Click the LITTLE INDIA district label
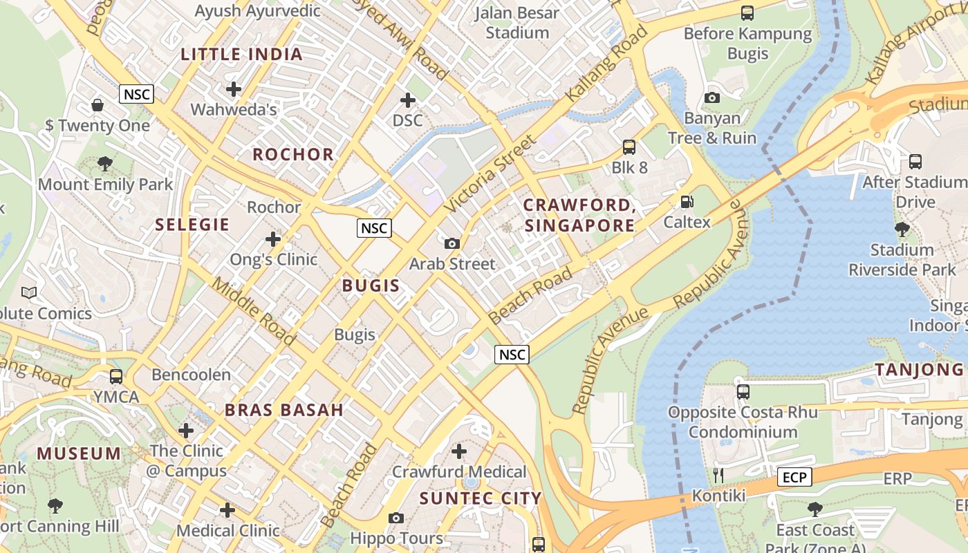point(242,55)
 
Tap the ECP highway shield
point(794,477)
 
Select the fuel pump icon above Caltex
point(687,202)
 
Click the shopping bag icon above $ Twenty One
point(97,105)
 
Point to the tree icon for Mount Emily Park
point(105,164)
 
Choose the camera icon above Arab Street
point(452,243)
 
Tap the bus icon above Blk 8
point(629,147)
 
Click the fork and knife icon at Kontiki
point(718,475)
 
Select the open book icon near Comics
point(29,293)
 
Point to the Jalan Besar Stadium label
point(517,23)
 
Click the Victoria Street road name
point(490,174)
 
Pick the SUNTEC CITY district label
point(481,498)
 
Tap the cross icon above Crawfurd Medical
point(459,451)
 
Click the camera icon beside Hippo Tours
point(396,518)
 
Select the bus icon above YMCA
point(116,377)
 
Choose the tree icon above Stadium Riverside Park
point(902,229)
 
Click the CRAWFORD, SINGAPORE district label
point(579,215)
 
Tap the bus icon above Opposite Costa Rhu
point(743,392)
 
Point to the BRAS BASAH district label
point(284,410)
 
